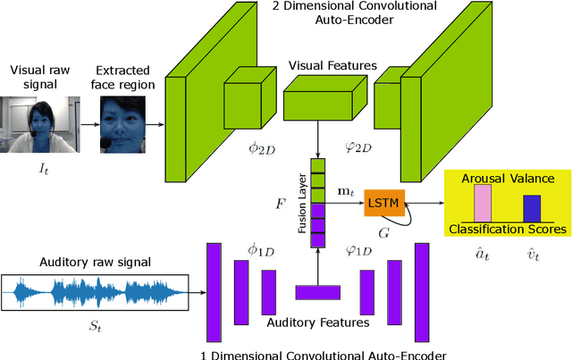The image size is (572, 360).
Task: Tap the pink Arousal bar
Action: click(x=484, y=203)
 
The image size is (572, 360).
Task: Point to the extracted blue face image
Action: click(x=125, y=122)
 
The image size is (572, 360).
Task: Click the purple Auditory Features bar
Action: click(x=318, y=291)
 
